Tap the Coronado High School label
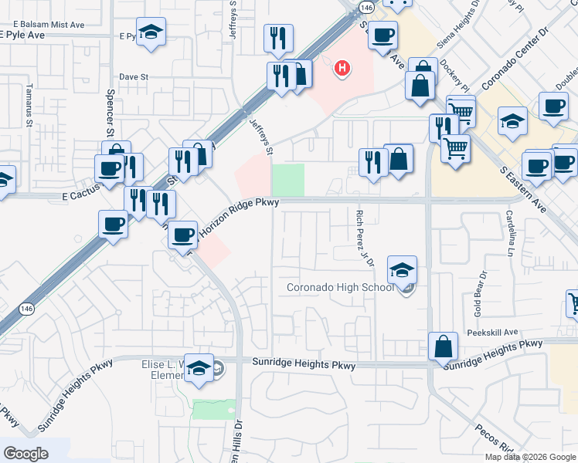[x=340, y=288]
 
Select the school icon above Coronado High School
[x=402, y=270]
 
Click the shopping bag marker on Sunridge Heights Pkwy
[x=444, y=347]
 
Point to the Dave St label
[x=133, y=77]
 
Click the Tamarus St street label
[x=29, y=105]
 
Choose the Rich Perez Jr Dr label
[x=365, y=238]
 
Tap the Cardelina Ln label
[x=511, y=235]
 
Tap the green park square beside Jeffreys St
[x=288, y=180]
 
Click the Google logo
[x=25, y=453]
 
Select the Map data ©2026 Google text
[x=530, y=457]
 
